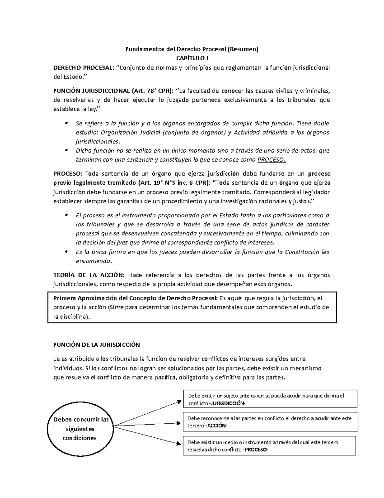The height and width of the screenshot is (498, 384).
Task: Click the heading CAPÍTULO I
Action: (192, 58)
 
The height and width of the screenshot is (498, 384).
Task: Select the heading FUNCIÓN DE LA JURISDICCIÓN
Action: (96, 345)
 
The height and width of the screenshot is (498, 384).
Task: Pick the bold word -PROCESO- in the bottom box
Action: (256, 450)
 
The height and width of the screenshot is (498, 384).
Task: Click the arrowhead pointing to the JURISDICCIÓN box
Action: (179, 401)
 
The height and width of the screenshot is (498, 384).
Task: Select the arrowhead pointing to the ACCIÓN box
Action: (179, 423)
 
